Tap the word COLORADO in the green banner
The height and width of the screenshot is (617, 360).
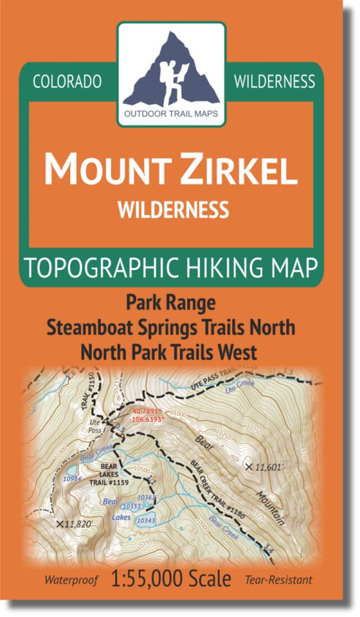point(67,82)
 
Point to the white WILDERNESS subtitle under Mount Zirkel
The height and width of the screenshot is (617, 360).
point(173,209)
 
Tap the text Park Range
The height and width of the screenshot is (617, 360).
point(170,303)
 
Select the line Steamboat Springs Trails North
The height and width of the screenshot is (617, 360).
point(170,328)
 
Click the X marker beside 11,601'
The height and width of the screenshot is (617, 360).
point(249,466)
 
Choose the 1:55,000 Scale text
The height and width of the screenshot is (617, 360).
point(173,579)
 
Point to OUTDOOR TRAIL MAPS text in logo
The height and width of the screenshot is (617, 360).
point(172,118)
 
